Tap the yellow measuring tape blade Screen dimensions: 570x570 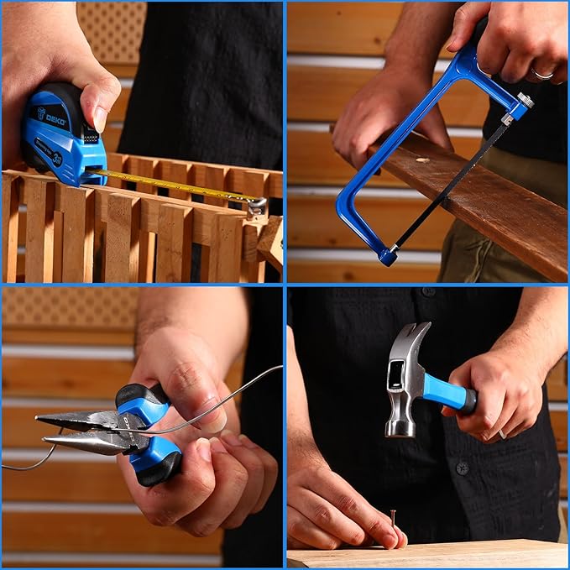(176, 185)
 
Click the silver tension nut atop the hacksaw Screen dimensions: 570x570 (526, 100)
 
